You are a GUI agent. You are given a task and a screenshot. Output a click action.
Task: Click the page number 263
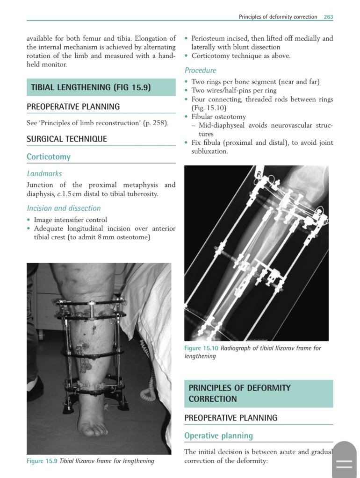[x=328, y=17]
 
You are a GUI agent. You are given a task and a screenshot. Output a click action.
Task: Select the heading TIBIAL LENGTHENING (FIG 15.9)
[x=91, y=87]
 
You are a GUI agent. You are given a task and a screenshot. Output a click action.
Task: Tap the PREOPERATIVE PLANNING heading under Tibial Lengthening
[x=73, y=107]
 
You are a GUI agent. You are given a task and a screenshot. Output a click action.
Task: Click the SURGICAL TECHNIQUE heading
[x=67, y=139]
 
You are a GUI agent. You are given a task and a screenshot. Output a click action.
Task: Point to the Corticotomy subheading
[x=49, y=157]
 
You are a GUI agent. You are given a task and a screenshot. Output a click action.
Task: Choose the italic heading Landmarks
[x=44, y=173]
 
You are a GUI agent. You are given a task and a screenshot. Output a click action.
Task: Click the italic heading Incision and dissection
[x=64, y=208]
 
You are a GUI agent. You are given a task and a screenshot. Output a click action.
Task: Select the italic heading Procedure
[x=200, y=71]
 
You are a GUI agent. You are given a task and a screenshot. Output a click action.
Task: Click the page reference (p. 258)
[x=157, y=123]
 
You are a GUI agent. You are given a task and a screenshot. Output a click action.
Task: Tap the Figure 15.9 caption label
[x=42, y=461]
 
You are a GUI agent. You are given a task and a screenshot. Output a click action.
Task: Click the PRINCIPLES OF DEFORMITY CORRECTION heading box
[x=259, y=393]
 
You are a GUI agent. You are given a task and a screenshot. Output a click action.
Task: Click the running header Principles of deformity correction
[x=278, y=17]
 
